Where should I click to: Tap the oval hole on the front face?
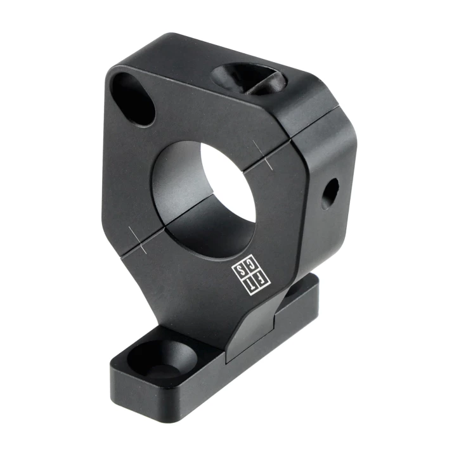click(x=133, y=99)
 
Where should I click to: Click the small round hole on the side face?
click(x=330, y=194)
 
